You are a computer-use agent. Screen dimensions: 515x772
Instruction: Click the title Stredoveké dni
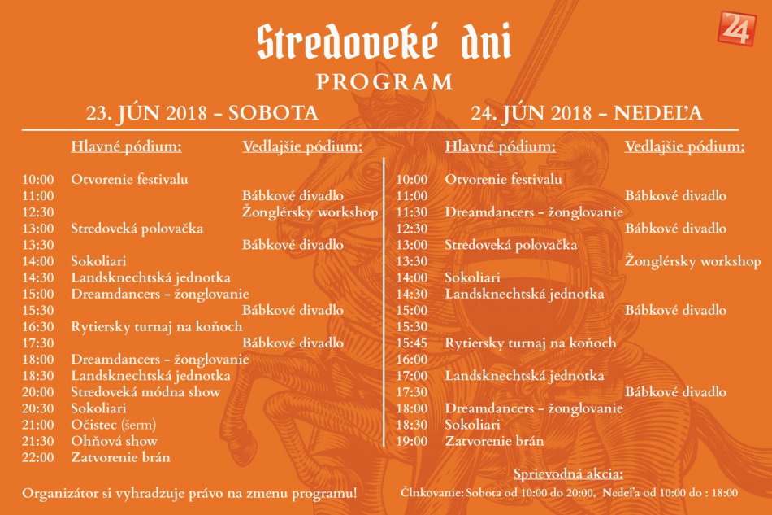click(384, 42)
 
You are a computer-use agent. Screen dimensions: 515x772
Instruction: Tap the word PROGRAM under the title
click(384, 83)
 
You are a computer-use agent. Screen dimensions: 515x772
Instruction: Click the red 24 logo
click(737, 28)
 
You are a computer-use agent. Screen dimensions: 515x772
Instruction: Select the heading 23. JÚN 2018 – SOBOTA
click(202, 113)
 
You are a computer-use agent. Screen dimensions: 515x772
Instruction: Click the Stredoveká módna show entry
click(145, 392)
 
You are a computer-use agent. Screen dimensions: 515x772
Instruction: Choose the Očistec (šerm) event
click(113, 425)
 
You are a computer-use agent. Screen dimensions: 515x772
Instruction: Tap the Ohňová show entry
click(114, 441)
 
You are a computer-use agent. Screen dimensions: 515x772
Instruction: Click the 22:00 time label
click(38, 457)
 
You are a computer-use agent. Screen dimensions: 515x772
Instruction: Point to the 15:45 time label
click(411, 343)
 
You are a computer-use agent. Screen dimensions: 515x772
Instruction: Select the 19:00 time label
click(411, 441)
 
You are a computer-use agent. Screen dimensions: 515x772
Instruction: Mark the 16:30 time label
click(38, 326)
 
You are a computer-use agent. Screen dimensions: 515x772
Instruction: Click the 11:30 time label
click(411, 212)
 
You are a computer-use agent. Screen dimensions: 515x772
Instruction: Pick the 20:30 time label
click(38, 408)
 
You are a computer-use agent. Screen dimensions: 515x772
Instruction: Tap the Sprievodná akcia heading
click(569, 474)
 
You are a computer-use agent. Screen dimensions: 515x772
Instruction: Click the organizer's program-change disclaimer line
click(189, 493)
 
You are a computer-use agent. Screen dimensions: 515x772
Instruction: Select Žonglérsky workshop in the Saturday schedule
click(310, 212)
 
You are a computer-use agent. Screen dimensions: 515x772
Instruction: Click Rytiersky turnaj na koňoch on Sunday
click(530, 343)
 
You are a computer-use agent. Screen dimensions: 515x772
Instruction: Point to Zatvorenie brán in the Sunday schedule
click(494, 441)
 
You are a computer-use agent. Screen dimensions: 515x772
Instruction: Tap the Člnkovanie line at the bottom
click(569, 493)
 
